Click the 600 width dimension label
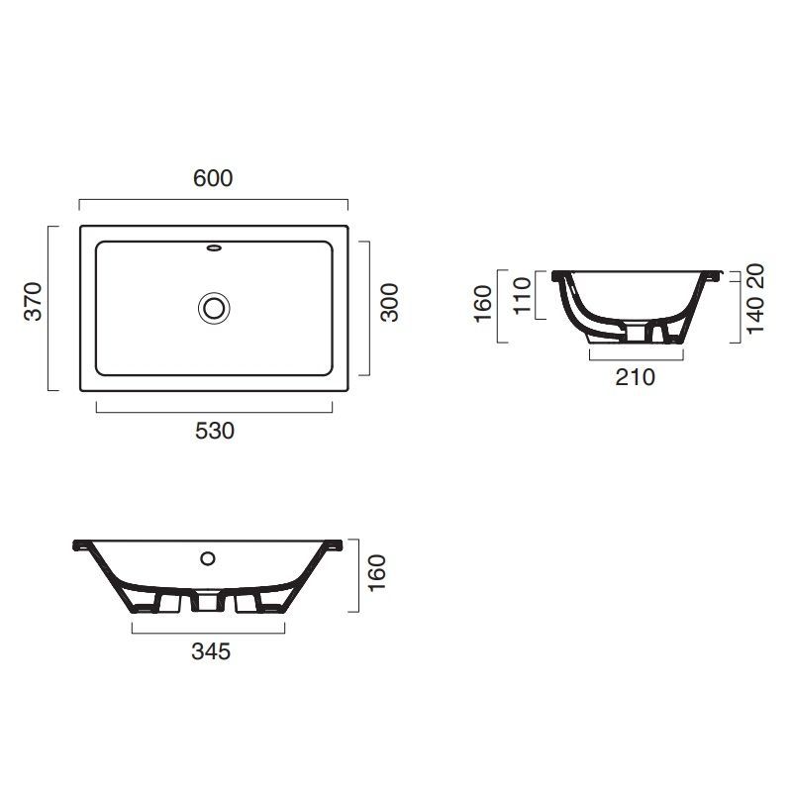213,178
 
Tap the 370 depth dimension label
34,302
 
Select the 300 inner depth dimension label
389,303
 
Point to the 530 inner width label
215,431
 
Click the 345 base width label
211,651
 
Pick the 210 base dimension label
635,377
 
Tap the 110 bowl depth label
523,295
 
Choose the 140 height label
755,316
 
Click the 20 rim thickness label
755,276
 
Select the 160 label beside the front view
377,573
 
